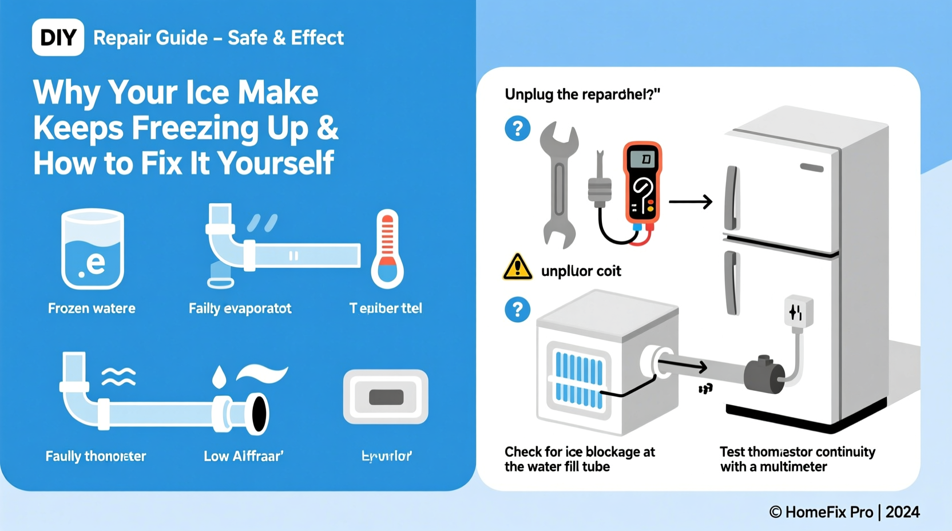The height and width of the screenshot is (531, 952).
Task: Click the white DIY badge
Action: (x=58, y=38)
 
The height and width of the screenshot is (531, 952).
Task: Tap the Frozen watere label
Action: (x=92, y=308)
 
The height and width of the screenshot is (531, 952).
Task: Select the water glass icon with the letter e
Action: (x=92, y=249)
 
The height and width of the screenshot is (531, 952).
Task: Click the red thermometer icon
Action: (x=387, y=249)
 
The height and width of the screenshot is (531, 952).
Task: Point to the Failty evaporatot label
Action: (x=240, y=308)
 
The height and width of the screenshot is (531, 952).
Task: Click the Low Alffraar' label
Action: (x=244, y=456)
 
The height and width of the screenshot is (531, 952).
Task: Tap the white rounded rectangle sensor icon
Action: (x=386, y=397)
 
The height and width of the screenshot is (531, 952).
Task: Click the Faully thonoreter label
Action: (x=96, y=456)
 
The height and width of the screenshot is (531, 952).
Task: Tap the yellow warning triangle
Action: (x=517, y=267)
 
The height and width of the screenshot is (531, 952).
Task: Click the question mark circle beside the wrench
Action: (x=517, y=129)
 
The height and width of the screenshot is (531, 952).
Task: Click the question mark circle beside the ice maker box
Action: (x=517, y=310)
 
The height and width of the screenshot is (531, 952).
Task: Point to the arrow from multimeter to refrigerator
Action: (x=691, y=201)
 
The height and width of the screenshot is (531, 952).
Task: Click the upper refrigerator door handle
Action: (x=731, y=198)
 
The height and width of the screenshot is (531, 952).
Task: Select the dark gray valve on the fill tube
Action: (x=764, y=375)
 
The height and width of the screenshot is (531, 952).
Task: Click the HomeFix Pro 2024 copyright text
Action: (x=844, y=512)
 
